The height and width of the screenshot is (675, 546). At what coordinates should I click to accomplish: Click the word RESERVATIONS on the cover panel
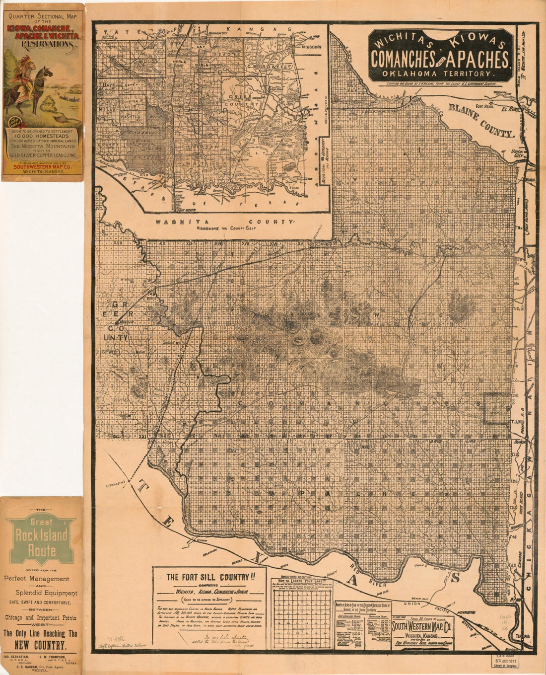point(42,44)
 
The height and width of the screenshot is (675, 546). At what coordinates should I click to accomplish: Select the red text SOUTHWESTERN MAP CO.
point(42,167)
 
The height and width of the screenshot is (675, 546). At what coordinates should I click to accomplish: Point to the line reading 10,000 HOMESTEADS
point(42,135)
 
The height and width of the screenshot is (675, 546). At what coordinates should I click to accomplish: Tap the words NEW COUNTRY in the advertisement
point(42,645)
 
